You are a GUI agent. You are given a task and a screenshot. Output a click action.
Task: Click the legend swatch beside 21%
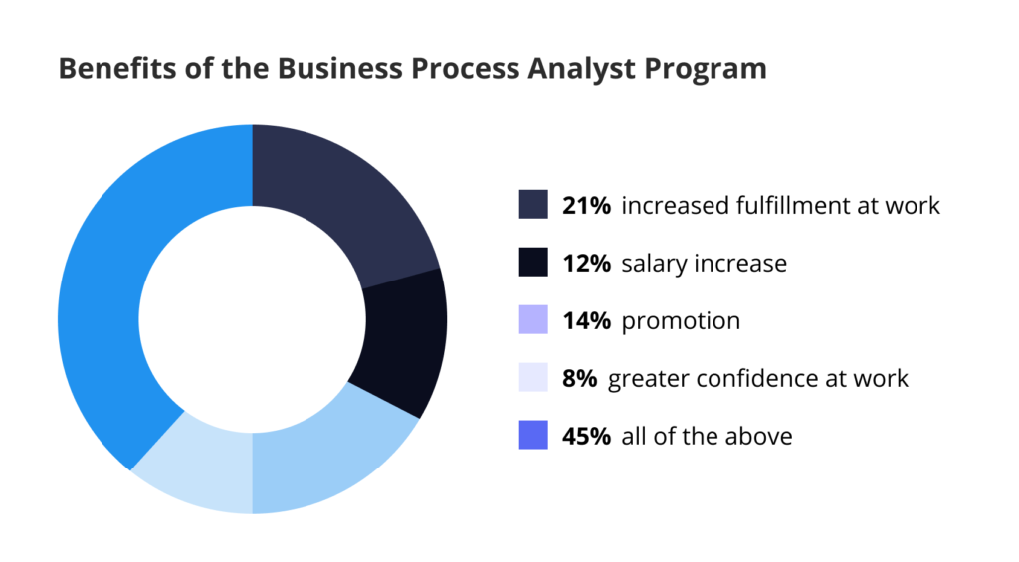point(533,204)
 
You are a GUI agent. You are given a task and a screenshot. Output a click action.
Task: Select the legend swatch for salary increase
point(533,262)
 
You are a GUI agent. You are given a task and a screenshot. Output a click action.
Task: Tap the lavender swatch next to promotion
point(533,319)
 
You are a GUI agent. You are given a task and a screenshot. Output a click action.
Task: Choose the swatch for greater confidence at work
point(533,377)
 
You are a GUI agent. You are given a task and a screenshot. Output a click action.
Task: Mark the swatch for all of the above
point(533,435)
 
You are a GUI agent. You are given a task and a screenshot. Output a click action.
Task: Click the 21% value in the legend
point(586,205)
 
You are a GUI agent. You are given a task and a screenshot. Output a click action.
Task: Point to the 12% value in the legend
point(586,263)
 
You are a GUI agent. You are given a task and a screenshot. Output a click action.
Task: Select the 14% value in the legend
point(586,320)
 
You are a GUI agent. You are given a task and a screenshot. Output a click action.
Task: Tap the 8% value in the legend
point(579,378)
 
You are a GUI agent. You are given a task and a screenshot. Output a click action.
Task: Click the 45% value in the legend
point(586,436)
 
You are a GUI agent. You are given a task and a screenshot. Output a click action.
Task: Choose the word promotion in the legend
point(681,321)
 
